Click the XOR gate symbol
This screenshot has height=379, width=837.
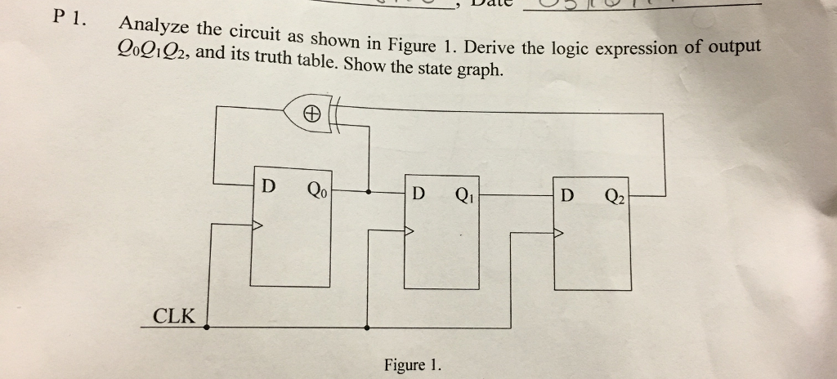[309, 114]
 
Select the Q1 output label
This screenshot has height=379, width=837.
[463, 194]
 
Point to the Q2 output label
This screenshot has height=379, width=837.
[615, 196]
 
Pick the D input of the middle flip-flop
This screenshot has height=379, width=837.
[418, 194]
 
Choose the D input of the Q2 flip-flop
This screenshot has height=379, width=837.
[567, 196]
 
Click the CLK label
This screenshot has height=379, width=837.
[174, 315]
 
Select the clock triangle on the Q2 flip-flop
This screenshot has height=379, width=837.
[559, 234]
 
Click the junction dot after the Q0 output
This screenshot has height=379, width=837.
[369, 193]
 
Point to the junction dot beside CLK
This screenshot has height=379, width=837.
[205, 328]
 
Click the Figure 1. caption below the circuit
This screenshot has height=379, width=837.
[412, 364]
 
